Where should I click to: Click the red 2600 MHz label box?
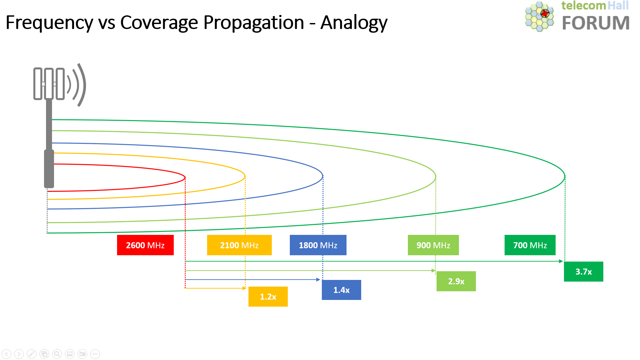pos(145,245)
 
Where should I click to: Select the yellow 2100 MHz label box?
pos(239,245)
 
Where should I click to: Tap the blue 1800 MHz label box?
pos(318,245)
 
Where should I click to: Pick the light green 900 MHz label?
pos(433,245)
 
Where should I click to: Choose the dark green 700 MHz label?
pos(530,245)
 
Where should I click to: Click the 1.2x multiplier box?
pos(268,297)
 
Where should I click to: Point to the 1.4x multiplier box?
pos(341,290)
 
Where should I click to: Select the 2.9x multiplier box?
pos(456,281)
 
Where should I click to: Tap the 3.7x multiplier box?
pos(583,272)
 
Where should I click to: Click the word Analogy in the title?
pos(354,23)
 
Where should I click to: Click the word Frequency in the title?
pos(49,23)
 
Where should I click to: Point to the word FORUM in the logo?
pos(596,23)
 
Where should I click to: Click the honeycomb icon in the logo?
pos(539,16)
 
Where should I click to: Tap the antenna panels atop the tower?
pos(49,84)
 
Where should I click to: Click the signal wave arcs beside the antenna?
pos(77,85)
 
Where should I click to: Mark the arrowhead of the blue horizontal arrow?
pos(318,280)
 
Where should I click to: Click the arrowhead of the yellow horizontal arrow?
pos(244,288)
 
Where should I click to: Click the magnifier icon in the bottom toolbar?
pos(57,354)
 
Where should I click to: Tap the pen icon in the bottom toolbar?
pos(32,354)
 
